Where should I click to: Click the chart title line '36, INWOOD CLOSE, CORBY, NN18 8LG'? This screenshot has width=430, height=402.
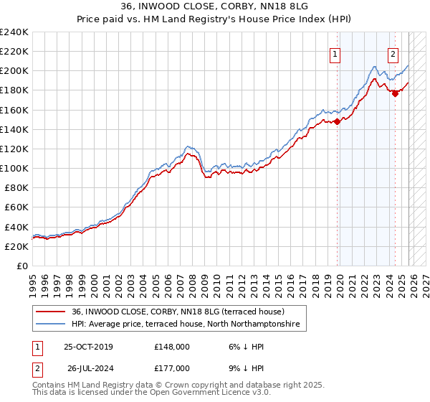[214, 6]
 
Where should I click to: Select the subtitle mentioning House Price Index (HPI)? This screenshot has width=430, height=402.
[214, 19]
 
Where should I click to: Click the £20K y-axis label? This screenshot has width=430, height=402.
[16, 246]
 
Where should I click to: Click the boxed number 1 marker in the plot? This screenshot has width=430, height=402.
[335, 52]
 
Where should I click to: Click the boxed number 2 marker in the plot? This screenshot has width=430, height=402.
[393, 52]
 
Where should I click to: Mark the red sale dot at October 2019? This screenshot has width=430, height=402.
[337, 121]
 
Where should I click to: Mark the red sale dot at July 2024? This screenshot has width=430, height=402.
[395, 93]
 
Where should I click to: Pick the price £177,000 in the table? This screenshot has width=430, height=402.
[171, 369]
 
